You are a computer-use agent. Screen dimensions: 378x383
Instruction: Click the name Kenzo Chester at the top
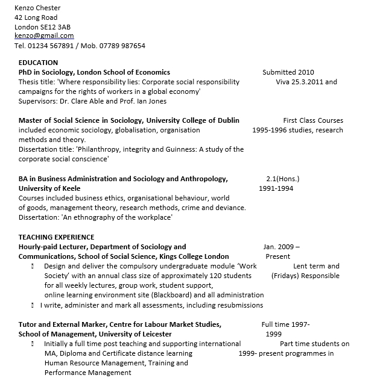click(37, 8)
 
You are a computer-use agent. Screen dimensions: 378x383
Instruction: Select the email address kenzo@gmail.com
click(44, 36)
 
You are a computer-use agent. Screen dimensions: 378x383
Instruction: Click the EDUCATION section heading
click(38, 63)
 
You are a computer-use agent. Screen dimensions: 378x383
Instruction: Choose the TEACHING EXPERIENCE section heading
click(56, 237)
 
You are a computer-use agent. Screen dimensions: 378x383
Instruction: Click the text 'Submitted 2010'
click(288, 72)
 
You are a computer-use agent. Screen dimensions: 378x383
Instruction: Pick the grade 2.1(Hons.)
click(282, 179)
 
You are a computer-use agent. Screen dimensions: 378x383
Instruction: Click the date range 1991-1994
click(276, 188)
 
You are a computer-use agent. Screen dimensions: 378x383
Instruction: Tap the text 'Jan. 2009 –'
click(281, 247)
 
